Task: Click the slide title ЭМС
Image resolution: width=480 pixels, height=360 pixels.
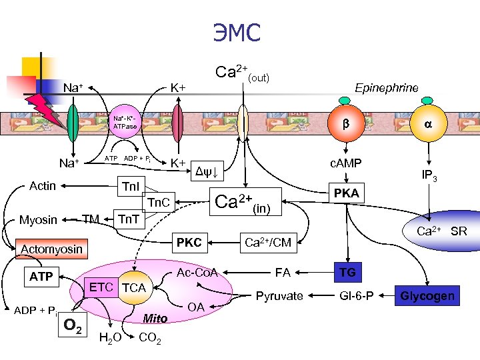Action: [x=237, y=31]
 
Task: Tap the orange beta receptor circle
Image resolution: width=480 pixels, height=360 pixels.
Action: [x=345, y=124]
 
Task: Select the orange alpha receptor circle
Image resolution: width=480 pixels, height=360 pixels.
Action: [x=427, y=124]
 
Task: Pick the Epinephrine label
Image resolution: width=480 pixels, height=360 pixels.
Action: [x=387, y=88]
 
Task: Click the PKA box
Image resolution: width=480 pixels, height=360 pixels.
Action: [x=346, y=193]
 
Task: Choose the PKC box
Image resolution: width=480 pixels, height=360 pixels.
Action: [x=189, y=243]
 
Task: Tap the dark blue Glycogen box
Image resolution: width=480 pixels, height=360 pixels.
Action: [x=427, y=295]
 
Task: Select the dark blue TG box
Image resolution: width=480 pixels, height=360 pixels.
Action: [x=347, y=272]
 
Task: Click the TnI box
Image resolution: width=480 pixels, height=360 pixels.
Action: [x=131, y=186]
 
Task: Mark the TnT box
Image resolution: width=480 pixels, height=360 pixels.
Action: [x=129, y=219]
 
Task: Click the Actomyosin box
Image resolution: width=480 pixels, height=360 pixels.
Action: [x=52, y=249]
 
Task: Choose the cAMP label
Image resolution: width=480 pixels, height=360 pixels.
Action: [x=345, y=163]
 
